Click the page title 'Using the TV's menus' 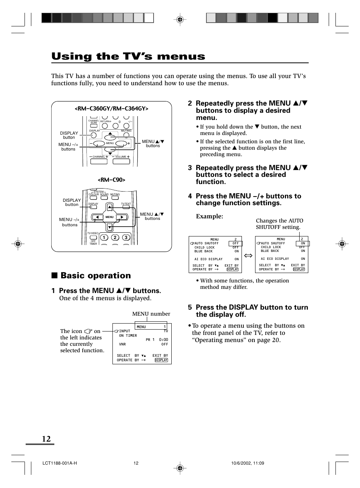tap(128, 57)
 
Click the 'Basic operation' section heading tap(95, 276)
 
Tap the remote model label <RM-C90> tap(111, 180)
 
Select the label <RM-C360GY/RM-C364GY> tap(111, 109)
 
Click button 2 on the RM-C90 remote tap(115, 237)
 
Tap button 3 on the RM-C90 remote tap(126, 237)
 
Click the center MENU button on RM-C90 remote tap(109, 217)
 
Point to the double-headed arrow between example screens tap(248, 256)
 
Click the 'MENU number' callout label tap(151, 314)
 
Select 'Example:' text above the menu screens tap(209, 216)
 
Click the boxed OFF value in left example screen tap(235, 244)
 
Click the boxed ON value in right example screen tap(303, 244)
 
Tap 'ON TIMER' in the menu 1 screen tap(128, 336)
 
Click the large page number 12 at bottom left tap(46, 439)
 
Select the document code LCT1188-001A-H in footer tap(60, 463)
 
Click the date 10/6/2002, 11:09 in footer tap(248, 463)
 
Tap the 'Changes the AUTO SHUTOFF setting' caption tap(279, 224)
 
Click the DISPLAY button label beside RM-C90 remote tap(72, 203)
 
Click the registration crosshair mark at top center tap(180, 19)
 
